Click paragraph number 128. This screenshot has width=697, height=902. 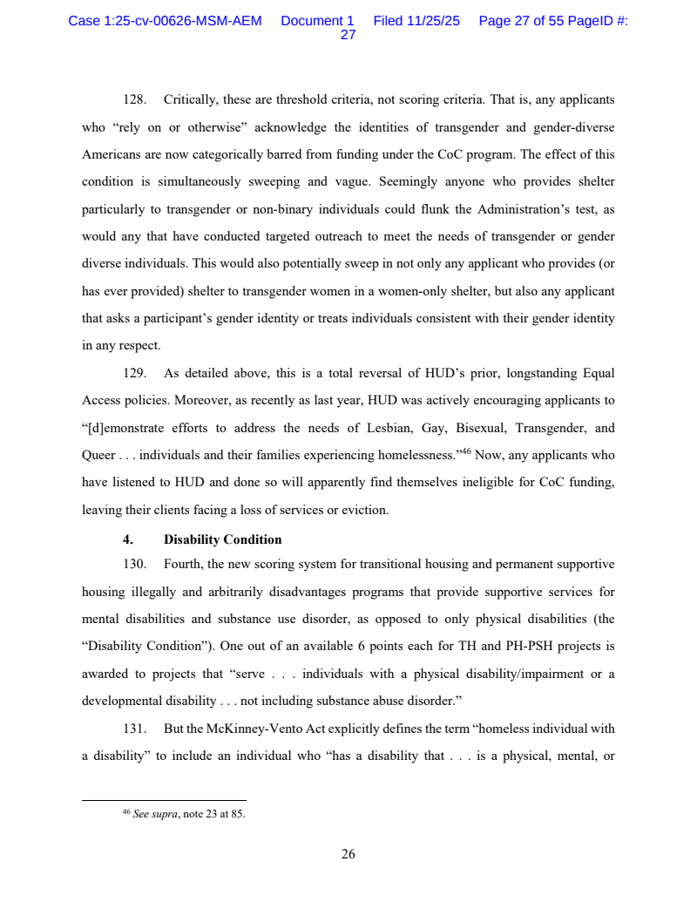tap(134, 100)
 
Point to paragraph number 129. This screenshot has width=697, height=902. tap(134, 374)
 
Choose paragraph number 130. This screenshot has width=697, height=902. tap(134, 565)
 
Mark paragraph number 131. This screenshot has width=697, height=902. tap(134, 729)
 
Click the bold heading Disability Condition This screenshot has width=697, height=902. tap(222, 539)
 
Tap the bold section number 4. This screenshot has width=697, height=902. tap(127, 539)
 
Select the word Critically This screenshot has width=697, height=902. tap(190, 100)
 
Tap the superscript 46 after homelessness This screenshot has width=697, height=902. tap(466, 451)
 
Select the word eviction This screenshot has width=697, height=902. tap(366, 510)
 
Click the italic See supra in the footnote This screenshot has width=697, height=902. tap(154, 815)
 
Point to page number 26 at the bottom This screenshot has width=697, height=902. tap(348, 855)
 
